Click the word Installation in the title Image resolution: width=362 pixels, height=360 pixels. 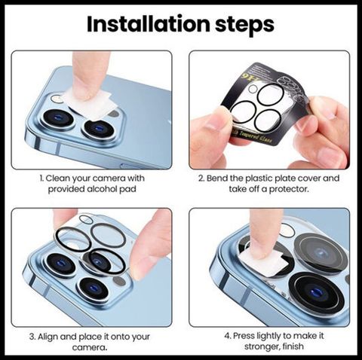coord(149,24)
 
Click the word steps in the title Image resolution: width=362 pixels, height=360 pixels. coord(244,25)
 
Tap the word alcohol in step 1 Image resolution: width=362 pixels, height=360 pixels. coord(101,189)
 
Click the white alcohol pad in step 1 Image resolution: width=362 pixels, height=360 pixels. coord(88,103)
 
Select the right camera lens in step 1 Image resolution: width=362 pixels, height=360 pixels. coord(99,129)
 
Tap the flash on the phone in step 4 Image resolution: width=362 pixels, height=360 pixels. coord(287,230)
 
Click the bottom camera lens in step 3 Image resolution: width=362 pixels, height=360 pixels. coord(94,288)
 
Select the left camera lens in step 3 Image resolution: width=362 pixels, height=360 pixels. coord(60,264)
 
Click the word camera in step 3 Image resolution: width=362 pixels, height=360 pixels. coord(90,348)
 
